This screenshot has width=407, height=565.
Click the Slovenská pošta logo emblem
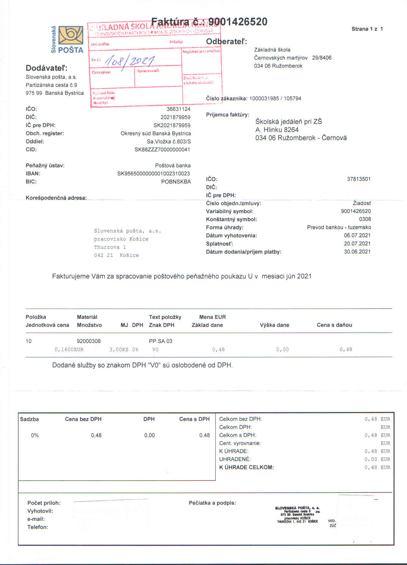coord(71,35)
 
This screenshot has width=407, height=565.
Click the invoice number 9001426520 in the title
coord(238,22)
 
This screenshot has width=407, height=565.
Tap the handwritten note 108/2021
coord(130,60)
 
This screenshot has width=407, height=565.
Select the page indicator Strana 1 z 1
coord(367,29)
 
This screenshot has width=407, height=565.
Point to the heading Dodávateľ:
coord(47,68)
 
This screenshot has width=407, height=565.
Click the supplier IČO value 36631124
coord(178,109)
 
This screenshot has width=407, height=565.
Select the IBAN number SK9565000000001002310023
coord(154,174)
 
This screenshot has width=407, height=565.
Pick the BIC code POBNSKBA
coord(176,182)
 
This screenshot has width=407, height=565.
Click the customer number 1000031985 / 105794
coord(275,99)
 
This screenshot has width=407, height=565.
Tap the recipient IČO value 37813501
coord(359,179)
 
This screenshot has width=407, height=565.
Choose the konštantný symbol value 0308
coord(365,219)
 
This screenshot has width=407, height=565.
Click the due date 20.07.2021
coord(357,244)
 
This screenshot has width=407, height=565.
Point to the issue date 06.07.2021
coord(357,236)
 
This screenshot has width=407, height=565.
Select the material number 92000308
coord(89,341)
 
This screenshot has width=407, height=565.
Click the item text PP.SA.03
coord(161,341)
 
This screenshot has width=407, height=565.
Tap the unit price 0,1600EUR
coord(69,350)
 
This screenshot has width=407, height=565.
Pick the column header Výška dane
coord(274,325)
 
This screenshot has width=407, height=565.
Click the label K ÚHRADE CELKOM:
coord(246,467)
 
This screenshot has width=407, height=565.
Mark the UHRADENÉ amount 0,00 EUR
coord(377,459)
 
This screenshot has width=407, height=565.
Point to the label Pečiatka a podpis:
coord(212,503)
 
